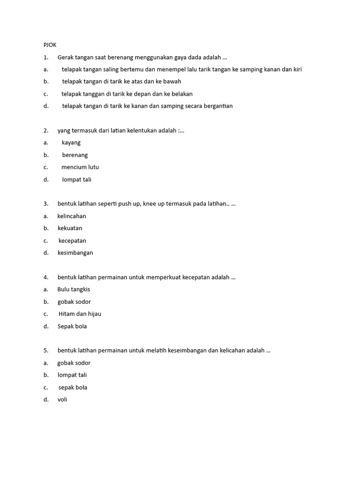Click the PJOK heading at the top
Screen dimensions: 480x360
point(50,45)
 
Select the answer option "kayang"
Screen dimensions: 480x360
point(71,142)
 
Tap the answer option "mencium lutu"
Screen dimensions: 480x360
point(80,167)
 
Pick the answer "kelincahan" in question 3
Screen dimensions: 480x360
point(72,216)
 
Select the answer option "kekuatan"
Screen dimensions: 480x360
point(70,228)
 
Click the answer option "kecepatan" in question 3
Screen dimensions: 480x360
point(72,240)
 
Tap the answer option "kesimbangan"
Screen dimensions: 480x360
point(75,253)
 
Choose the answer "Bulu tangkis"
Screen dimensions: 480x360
point(74,289)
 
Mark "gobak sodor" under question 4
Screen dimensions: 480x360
point(74,302)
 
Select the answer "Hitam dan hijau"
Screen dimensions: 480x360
point(80,314)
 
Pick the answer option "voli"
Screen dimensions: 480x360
point(62,399)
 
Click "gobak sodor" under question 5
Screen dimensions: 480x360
point(74,363)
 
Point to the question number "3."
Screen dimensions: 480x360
point(46,204)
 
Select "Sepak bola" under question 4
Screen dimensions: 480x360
point(72,326)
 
